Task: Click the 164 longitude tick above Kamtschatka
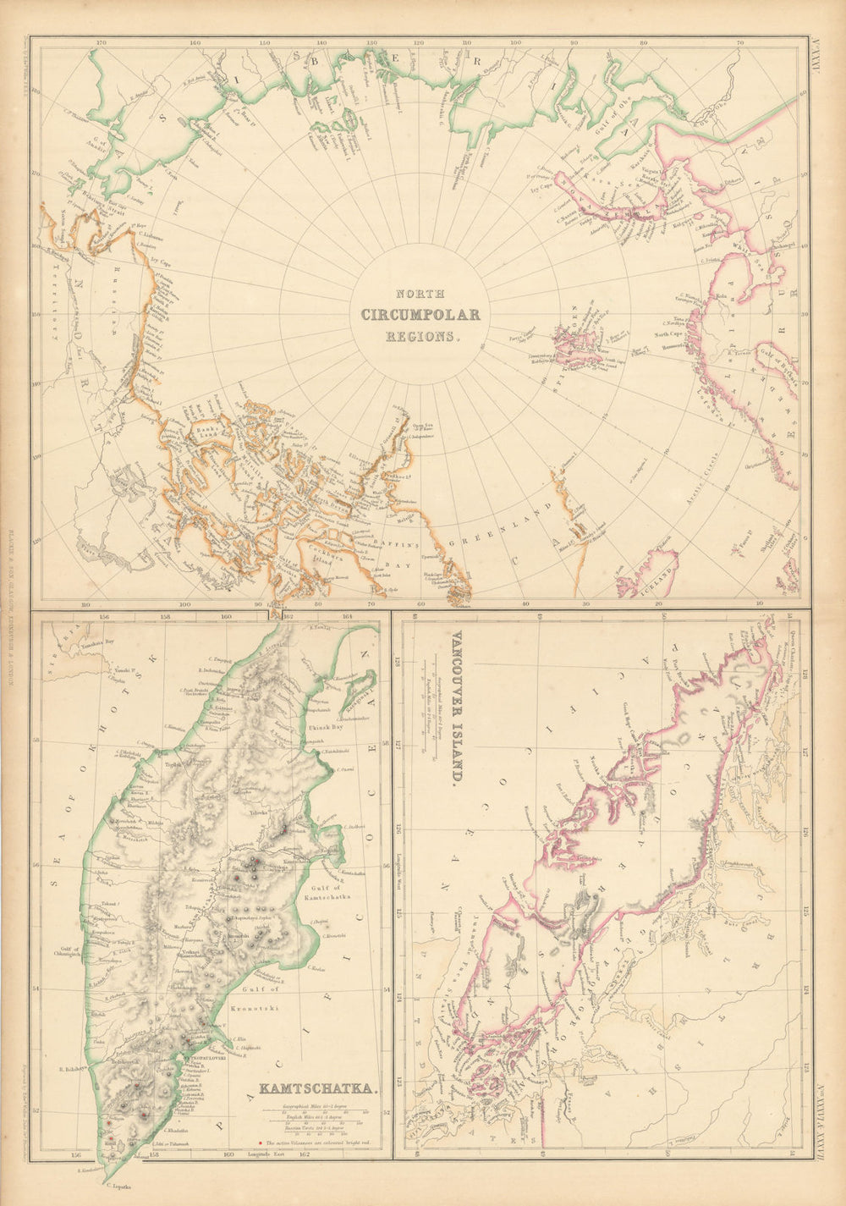coord(348,617)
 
